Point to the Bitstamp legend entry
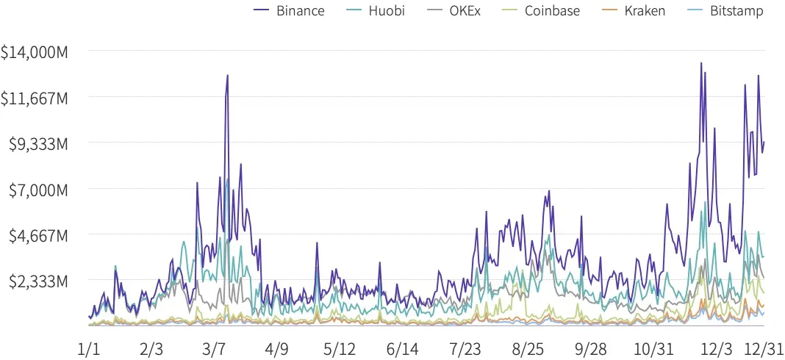point(726,10)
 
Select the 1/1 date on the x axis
point(88,346)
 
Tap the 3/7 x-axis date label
point(214,346)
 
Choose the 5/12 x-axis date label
point(339,346)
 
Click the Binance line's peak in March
point(228,75)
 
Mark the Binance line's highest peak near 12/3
point(702,63)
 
